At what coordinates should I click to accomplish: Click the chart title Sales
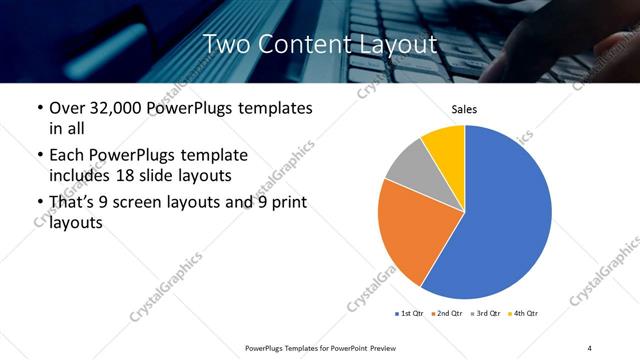(x=465, y=109)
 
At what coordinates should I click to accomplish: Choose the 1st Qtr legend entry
(x=409, y=313)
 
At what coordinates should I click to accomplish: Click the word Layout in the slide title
(x=392, y=44)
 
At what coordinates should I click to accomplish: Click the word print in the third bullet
(x=285, y=204)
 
